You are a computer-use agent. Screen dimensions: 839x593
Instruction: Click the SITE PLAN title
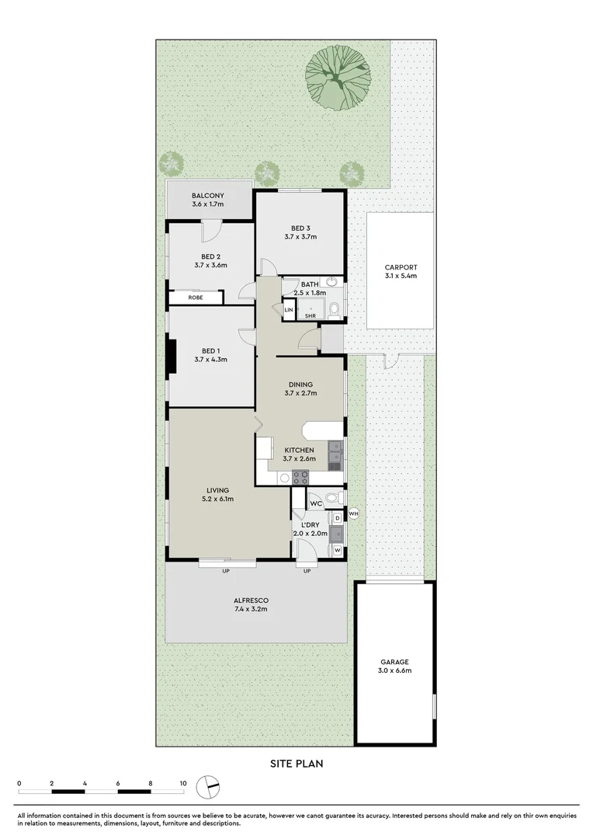tap(296, 764)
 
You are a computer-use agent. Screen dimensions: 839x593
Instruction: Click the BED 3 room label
tap(300, 228)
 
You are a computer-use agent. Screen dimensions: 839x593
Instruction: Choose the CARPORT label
tap(401, 267)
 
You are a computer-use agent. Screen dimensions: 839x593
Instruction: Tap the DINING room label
tap(300, 384)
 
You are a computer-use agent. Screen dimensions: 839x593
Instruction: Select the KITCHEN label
tap(299, 451)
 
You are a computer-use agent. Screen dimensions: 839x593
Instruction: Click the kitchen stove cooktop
tap(300, 478)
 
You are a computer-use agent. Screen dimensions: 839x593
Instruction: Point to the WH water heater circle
tap(354, 513)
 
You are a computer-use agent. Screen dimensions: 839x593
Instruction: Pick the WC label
tap(316, 504)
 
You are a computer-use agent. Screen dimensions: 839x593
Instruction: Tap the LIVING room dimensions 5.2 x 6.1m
tap(219, 499)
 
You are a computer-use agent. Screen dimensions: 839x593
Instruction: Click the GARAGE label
tap(394, 662)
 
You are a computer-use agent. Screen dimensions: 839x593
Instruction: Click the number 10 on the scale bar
tap(183, 784)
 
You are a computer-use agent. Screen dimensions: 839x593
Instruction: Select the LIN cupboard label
tap(289, 309)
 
